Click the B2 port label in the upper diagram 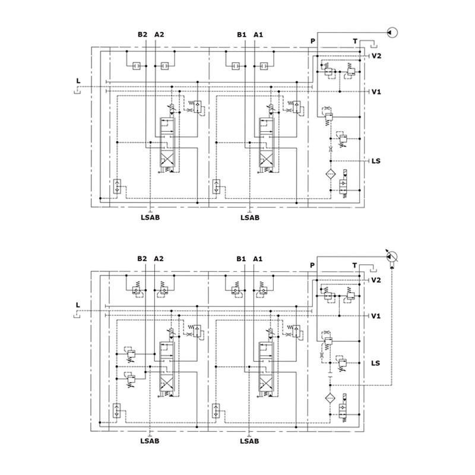[142, 34]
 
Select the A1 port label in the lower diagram [258, 259]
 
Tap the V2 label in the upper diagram [376, 56]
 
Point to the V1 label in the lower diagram [376, 316]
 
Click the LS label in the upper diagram [376, 160]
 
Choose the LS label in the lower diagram [375, 363]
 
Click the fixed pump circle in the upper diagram [392, 33]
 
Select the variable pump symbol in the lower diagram [392, 257]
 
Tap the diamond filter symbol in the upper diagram [331, 175]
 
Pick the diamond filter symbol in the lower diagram [330, 398]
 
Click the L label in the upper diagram [78, 81]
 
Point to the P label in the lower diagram [312, 265]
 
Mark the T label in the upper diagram [355, 41]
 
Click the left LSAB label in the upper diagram [150, 217]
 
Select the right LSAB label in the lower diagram [249, 441]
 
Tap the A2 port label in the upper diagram [159, 34]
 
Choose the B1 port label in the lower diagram [241, 259]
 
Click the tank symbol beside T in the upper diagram [373, 46]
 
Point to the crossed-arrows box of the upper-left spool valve [167, 159]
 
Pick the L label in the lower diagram [78, 305]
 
